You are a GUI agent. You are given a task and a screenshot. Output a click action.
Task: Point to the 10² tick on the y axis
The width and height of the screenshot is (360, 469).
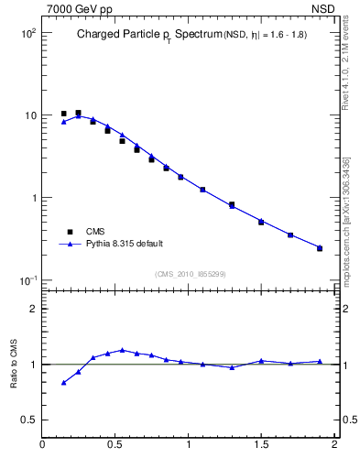click(x=28, y=32)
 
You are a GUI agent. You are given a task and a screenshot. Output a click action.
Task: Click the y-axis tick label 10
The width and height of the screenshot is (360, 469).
click(x=31, y=115)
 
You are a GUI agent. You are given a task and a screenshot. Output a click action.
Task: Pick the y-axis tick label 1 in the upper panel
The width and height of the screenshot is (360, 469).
click(x=34, y=198)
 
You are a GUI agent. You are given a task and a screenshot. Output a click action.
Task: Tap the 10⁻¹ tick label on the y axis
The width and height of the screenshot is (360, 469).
click(x=27, y=279)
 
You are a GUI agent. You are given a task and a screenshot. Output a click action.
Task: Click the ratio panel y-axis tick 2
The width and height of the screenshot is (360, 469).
click(x=34, y=309)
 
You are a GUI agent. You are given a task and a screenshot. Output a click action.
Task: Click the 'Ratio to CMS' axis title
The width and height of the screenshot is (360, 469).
click(x=14, y=364)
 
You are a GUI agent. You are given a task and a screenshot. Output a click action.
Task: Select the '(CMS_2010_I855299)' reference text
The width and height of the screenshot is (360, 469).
click(x=190, y=273)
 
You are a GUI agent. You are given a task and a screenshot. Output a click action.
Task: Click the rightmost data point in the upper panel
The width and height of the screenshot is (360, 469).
click(x=320, y=248)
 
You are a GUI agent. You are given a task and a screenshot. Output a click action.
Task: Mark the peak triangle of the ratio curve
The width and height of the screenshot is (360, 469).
click(x=122, y=350)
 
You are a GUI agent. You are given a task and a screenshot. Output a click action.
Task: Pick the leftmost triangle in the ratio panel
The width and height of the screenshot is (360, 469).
click(x=63, y=382)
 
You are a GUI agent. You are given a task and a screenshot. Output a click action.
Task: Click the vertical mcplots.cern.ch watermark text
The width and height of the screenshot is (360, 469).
click(x=347, y=220)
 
